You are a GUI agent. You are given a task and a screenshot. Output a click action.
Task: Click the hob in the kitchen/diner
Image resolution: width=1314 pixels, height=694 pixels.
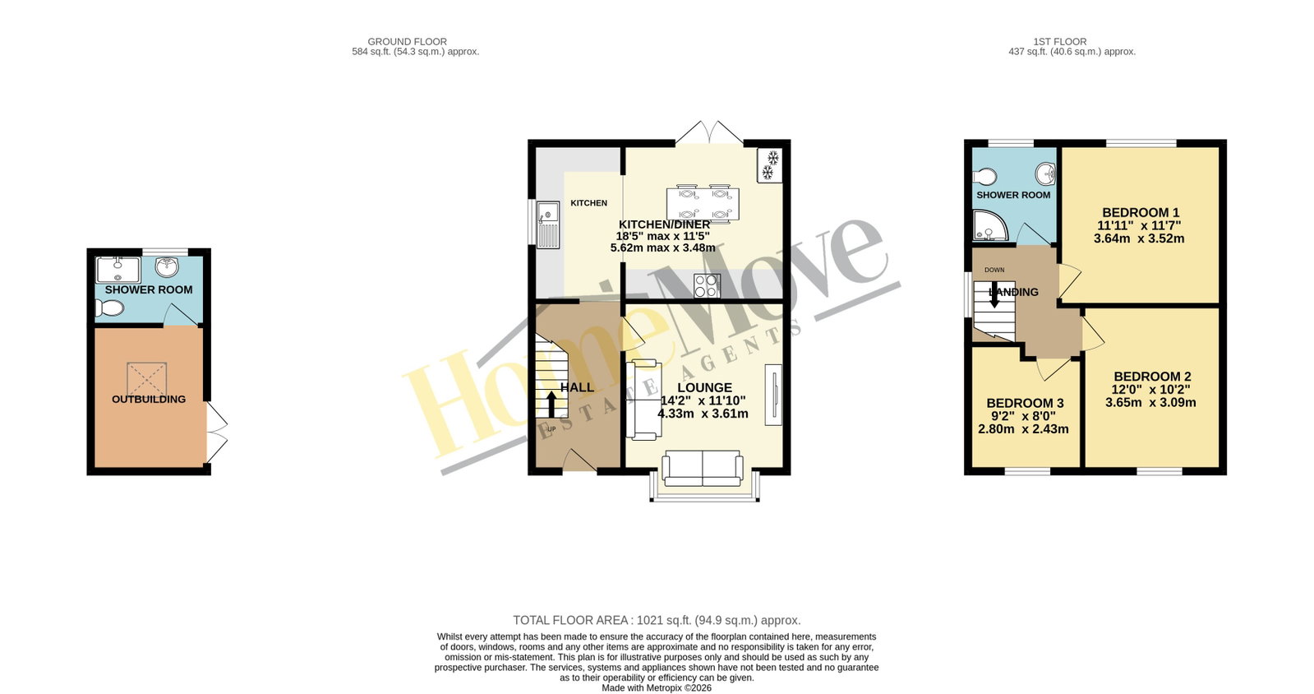[x=707, y=286]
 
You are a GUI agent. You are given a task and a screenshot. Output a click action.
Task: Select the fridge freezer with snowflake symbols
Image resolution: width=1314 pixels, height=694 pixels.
[x=770, y=165]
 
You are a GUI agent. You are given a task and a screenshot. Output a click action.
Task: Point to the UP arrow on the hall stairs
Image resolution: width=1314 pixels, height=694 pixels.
[x=551, y=404]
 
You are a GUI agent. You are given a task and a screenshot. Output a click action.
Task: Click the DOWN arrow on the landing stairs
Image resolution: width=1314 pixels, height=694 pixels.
[x=994, y=295]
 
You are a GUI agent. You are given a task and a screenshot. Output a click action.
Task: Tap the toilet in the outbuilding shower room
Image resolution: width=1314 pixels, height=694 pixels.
[x=109, y=308]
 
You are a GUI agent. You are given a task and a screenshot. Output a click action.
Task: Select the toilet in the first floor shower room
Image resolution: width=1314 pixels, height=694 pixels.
[x=984, y=176]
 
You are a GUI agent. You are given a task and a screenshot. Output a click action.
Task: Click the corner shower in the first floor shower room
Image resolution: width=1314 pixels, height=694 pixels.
[x=991, y=225]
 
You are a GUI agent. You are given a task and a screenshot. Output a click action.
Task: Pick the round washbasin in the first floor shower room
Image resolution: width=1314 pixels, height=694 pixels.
[x=1045, y=173]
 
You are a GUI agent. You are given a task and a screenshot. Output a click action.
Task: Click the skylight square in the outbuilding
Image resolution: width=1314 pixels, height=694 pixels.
[x=146, y=379]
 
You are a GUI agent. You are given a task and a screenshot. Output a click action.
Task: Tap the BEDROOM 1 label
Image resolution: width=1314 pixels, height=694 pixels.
[x=1141, y=212]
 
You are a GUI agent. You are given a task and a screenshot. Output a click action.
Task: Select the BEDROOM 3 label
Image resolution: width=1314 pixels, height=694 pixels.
[x=1025, y=404]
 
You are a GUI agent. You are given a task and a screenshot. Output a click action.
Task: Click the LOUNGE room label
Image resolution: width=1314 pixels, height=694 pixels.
[x=704, y=387]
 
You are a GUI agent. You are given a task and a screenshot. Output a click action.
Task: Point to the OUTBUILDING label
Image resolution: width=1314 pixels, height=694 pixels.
[x=149, y=400]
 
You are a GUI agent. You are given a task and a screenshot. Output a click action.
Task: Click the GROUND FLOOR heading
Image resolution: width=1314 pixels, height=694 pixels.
[x=407, y=42]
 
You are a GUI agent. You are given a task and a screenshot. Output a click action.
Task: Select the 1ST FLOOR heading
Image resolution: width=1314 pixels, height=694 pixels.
[x=1060, y=42]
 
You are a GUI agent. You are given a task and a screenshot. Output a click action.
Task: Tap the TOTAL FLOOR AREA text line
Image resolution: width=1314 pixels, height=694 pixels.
[x=657, y=620]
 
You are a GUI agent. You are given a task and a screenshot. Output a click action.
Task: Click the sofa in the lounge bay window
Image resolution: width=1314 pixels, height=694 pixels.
[x=702, y=469]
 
